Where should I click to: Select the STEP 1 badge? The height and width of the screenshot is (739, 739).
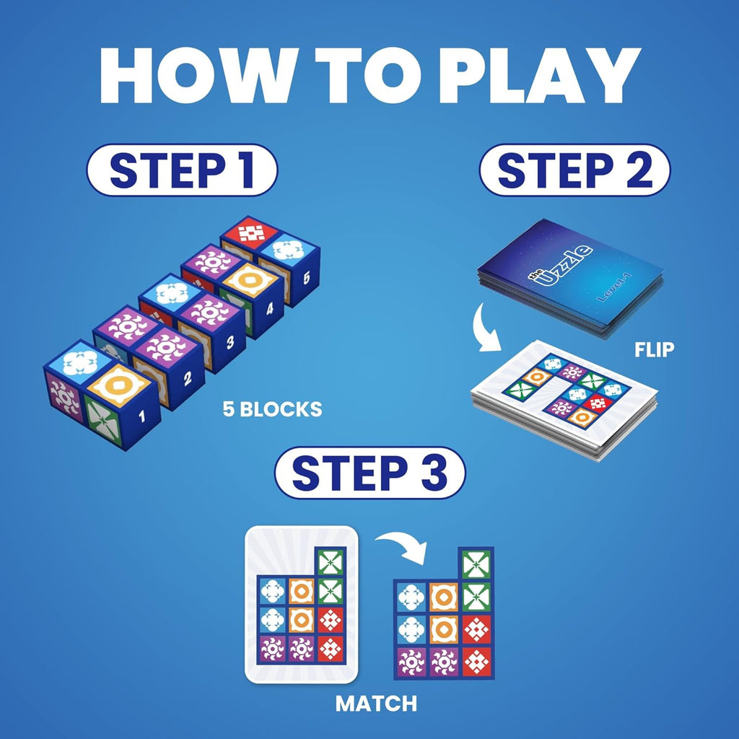click(181, 170)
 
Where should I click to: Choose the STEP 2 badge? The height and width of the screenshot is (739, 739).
click(574, 170)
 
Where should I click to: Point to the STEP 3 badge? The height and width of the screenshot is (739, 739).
click(369, 473)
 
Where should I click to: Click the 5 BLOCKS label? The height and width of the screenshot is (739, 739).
click(272, 409)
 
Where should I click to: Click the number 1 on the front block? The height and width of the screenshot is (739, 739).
click(141, 416)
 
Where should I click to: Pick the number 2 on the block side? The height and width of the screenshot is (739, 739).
click(187, 377)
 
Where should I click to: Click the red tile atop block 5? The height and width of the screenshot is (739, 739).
click(252, 232)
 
